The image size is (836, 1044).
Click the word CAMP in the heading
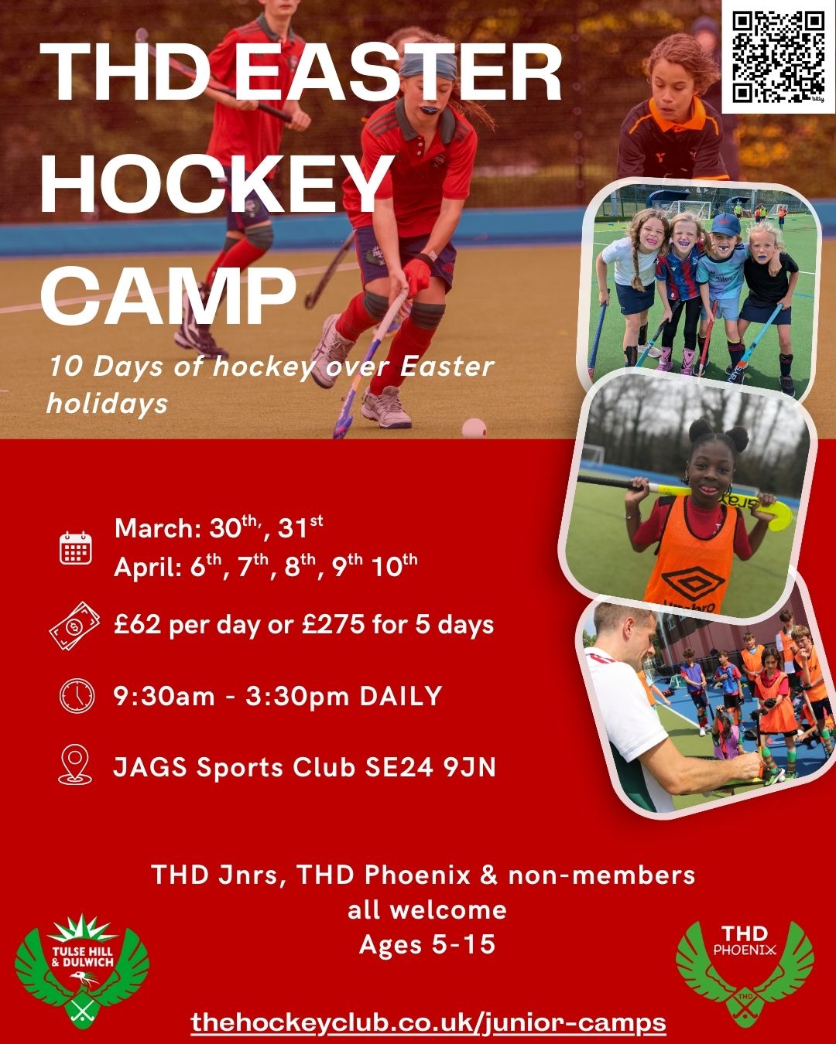click(x=168, y=295)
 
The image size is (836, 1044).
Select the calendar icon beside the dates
click(x=76, y=548)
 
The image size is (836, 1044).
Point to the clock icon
click(x=76, y=696)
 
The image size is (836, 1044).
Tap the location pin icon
click(x=76, y=766)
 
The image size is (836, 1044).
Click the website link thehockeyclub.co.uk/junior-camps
click(x=428, y=1022)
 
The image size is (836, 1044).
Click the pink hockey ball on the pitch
click(x=474, y=428)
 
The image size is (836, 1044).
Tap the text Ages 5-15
click(x=427, y=944)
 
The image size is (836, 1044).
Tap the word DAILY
click(x=400, y=696)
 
